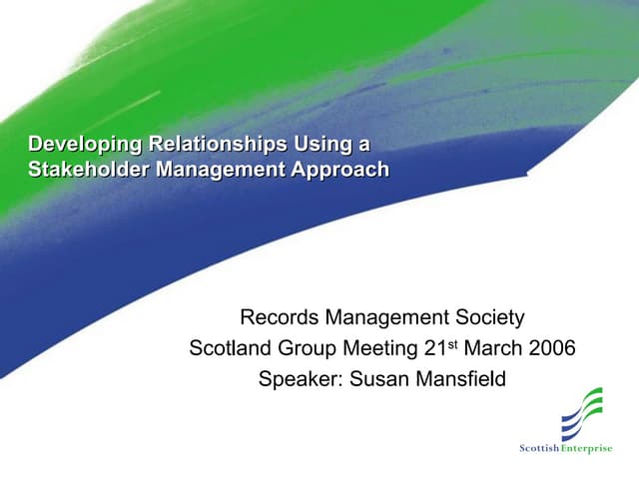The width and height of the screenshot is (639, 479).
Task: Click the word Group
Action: (x=305, y=349)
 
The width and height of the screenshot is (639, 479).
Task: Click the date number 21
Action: (x=431, y=349)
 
